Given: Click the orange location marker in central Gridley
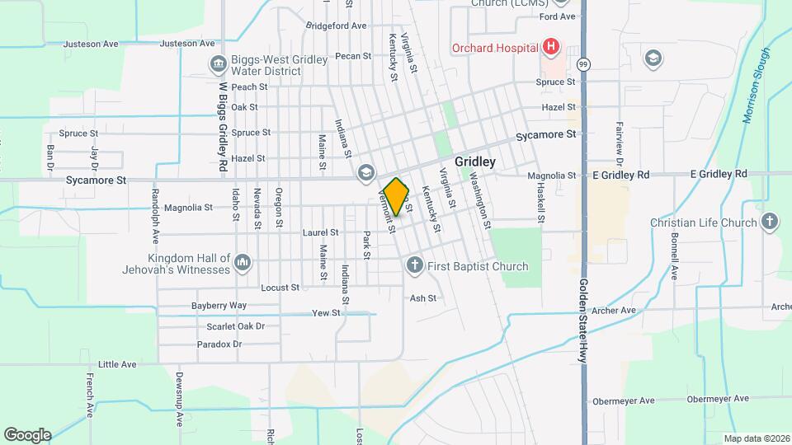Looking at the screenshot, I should [x=396, y=196].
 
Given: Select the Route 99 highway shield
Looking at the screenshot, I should [x=584, y=63].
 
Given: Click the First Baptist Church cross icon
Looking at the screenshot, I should [x=414, y=265].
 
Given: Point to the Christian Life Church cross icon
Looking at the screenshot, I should [x=769, y=222].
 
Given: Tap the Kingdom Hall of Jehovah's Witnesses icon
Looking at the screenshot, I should [x=242, y=262].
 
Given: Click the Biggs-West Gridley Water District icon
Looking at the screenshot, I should [x=219, y=63].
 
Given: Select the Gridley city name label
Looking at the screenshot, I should [x=475, y=162].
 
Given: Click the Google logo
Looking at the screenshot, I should [x=27, y=434].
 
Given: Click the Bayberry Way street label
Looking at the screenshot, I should [x=219, y=305].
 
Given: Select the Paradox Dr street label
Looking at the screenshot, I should [x=220, y=344].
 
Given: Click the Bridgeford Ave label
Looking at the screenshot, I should [x=336, y=26].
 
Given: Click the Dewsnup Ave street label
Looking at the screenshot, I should [x=178, y=398].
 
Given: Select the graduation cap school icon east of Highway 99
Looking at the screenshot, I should [x=653, y=58].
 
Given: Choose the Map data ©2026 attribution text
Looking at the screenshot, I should [x=756, y=438].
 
